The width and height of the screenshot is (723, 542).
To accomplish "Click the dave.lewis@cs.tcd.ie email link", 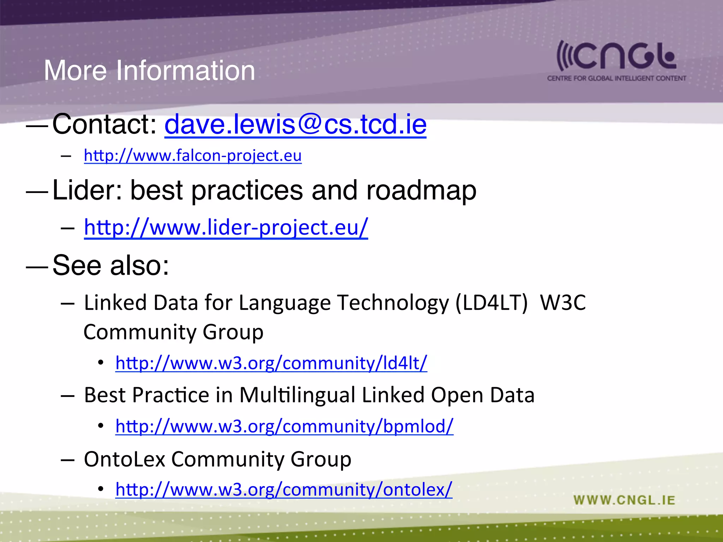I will (295, 124).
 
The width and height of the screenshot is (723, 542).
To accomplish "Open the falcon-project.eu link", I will (193, 156).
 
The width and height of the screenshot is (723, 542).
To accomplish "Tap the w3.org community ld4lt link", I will (271, 363).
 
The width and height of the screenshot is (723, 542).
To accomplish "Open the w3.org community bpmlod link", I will (284, 426).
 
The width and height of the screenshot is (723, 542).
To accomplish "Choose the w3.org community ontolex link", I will (284, 489).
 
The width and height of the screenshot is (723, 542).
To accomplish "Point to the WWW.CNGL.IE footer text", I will (624, 500).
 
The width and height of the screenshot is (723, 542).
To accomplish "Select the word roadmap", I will (421, 191).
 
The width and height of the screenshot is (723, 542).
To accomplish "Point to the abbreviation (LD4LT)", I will (491, 303).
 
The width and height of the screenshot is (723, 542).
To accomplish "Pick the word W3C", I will (563, 303).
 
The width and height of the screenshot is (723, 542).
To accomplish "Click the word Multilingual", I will (297, 395).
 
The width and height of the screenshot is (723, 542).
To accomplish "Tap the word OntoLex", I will (125, 459).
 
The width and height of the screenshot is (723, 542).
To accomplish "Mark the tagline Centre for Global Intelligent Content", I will (616, 78).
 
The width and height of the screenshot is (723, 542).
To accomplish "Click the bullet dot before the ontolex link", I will (101, 489).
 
